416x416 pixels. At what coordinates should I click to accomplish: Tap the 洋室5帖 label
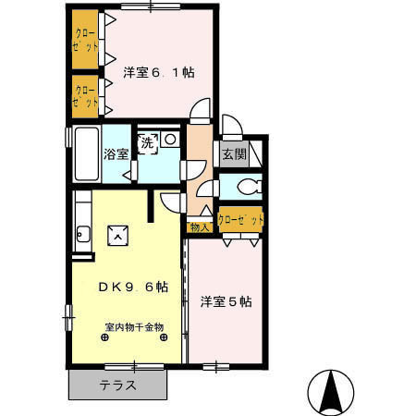tap(226, 300)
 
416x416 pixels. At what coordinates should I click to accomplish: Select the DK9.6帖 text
tap(133, 287)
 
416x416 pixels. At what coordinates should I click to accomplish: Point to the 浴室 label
tap(116, 154)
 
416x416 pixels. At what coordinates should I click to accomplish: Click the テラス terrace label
tap(118, 385)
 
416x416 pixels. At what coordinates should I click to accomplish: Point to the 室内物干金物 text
tap(133, 326)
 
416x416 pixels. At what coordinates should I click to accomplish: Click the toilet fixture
tap(246, 188)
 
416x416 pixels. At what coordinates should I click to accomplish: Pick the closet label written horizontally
tap(240, 220)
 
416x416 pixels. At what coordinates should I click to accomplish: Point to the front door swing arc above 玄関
tap(231, 127)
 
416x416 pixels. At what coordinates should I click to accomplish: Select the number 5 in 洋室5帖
tap(237, 300)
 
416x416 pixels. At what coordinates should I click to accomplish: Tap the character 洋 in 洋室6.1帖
tap(129, 73)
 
